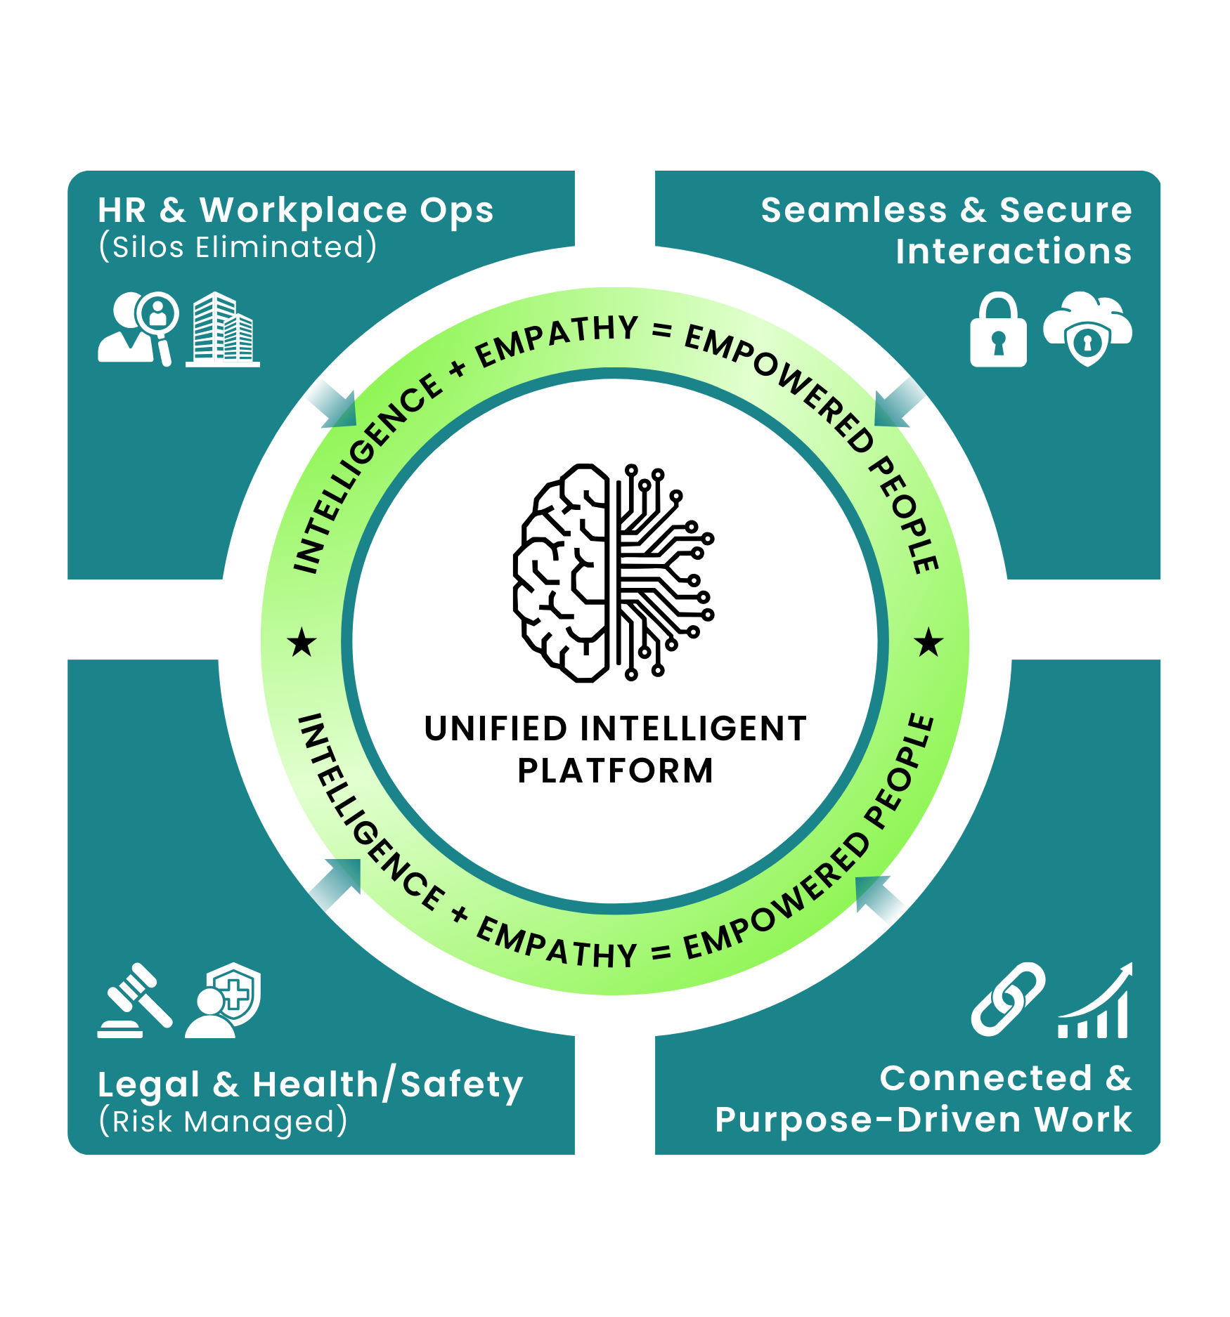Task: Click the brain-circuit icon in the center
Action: pos(614,572)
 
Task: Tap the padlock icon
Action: pos(998,330)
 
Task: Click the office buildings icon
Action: pos(223,329)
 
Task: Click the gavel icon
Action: pos(134,1000)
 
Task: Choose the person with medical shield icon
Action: pos(224,1000)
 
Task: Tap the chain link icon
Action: pos(1008,999)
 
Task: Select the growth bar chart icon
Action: pos(1095,1002)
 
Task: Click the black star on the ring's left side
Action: pos(302,642)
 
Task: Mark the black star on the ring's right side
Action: pos(928,642)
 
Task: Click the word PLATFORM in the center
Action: pos(615,771)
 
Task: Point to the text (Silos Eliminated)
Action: pos(238,247)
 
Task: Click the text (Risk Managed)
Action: pos(223,1122)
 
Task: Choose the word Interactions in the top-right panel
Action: pos(1013,251)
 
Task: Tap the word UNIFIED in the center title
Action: pos(496,728)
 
